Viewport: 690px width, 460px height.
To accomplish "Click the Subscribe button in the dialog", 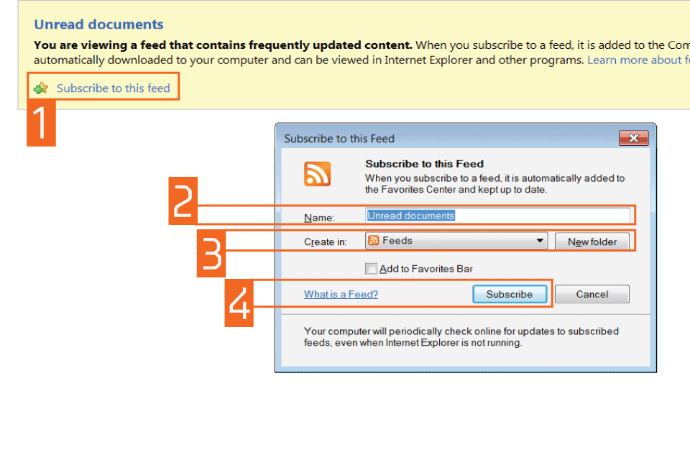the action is point(510,294).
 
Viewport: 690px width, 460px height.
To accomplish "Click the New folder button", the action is point(592,241).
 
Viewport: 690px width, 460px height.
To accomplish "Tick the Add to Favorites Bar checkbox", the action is point(371,269).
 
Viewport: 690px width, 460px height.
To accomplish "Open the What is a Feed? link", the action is point(341,294).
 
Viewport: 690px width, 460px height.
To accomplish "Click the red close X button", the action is point(634,138).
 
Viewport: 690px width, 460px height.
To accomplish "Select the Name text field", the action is point(497,216).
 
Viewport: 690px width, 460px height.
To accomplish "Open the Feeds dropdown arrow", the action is point(540,241).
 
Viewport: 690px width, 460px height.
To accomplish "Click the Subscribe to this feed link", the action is point(113,88).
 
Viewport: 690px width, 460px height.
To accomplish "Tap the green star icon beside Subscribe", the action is point(41,88).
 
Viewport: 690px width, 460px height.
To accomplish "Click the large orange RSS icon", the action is point(317,174).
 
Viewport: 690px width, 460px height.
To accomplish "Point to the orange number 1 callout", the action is point(42,123).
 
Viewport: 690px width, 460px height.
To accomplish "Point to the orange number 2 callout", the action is point(183,201).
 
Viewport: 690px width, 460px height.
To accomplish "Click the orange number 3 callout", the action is point(211,254).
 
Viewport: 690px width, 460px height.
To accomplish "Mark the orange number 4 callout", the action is point(239,303).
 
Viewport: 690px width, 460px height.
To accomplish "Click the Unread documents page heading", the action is point(98,24).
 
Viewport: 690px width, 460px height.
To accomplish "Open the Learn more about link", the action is point(638,60).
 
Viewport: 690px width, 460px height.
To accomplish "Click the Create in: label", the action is point(325,241).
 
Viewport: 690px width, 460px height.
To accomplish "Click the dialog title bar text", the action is point(339,139).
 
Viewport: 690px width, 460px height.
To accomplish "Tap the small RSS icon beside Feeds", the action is point(373,240).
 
